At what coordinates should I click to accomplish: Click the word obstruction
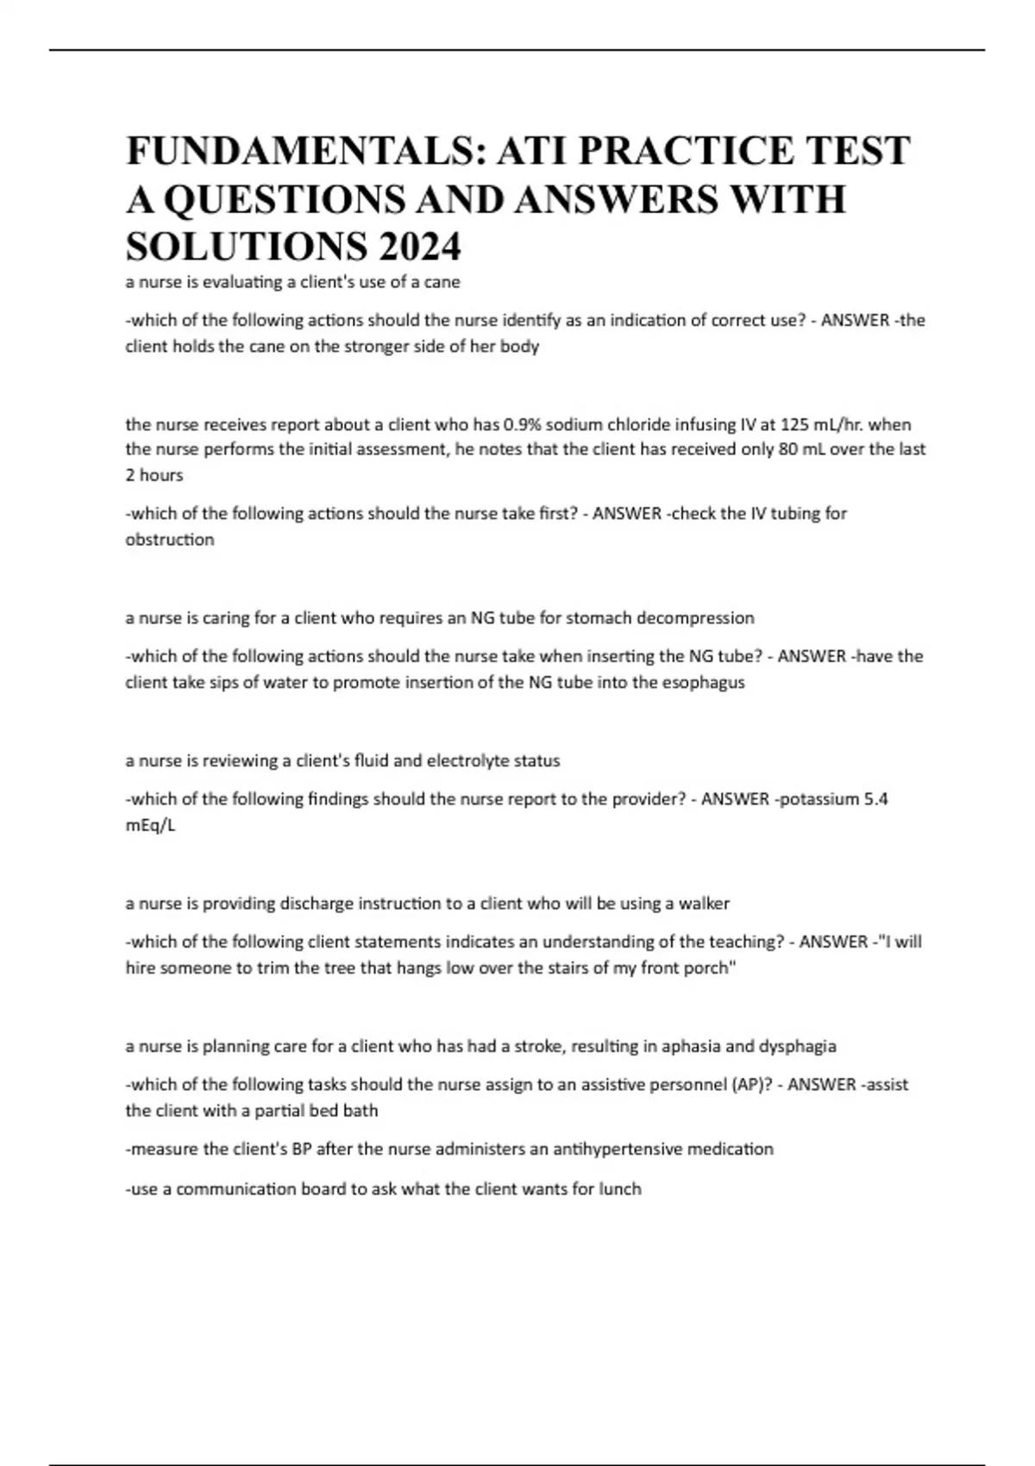170,540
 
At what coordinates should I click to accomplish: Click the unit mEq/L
150,825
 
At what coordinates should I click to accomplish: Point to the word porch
710,968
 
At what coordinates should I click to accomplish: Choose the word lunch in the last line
620,1189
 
